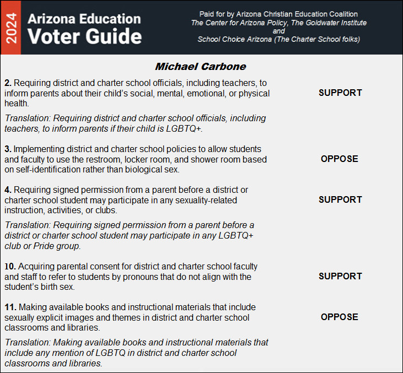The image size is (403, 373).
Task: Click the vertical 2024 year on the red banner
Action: click(10, 27)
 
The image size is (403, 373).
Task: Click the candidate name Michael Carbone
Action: click(200, 67)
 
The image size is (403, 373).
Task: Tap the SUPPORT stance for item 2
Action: click(340, 93)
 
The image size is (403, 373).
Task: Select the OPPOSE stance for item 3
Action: click(340, 159)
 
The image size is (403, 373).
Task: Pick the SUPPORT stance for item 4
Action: click(340, 199)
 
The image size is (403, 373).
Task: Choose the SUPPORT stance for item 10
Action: click(340, 276)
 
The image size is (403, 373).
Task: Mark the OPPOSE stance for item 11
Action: click(340, 317)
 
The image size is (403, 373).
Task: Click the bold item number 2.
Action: click(8, 83)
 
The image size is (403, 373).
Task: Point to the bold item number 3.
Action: click(8, 149)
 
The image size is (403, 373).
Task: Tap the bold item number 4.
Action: click(8, 190)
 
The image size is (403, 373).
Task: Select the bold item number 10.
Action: click(10, 267)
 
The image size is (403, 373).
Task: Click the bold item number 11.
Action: click(10, 307)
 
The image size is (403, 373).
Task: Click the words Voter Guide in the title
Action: click(84, 36)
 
